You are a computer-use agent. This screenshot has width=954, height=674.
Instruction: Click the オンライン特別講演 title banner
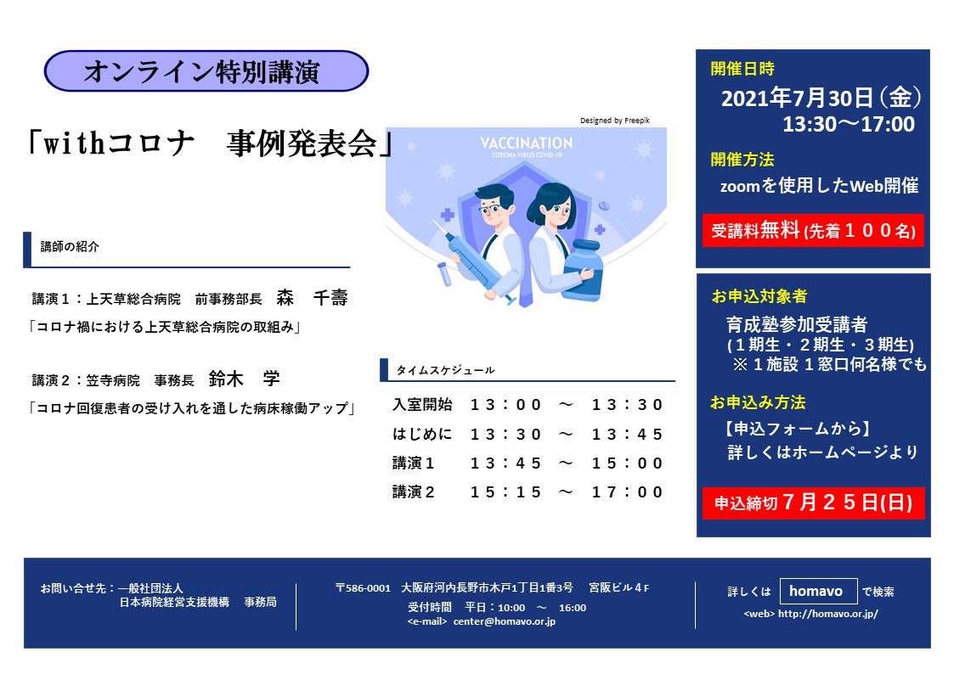coord(206,71)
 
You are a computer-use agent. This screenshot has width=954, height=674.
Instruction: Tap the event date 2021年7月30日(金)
coord(821,98)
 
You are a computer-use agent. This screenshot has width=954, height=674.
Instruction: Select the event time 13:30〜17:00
coord(848,125)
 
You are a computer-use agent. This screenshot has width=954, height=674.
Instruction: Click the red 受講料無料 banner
coord(813,230)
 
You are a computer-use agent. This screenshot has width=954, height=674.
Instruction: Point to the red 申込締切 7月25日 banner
coord(814,503)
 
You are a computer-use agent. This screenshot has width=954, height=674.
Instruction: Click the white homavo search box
coord(818,592)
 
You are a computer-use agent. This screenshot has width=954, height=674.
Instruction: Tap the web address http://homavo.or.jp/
coord(828,614)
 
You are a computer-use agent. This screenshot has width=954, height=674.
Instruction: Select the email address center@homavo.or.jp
coord(505,621)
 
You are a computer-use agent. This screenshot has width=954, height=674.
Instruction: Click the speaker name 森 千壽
coord(312,298)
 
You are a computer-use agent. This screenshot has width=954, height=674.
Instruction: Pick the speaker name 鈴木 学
coord(244,379)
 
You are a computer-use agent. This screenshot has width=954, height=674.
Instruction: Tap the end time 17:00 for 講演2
coord(627,492)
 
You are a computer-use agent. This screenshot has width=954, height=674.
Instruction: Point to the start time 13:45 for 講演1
coord(505,463)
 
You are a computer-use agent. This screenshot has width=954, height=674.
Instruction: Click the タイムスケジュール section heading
coord(445,370)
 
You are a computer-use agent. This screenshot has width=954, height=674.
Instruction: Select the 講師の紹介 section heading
coord(70,247)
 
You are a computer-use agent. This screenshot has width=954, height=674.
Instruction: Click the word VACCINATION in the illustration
coord(527,143)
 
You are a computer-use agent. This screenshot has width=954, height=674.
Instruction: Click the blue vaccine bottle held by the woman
coord(581,271)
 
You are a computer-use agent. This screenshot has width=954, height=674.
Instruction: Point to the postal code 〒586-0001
coord(363,587)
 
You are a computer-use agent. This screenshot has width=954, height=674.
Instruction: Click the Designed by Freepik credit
coord(614,121)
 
